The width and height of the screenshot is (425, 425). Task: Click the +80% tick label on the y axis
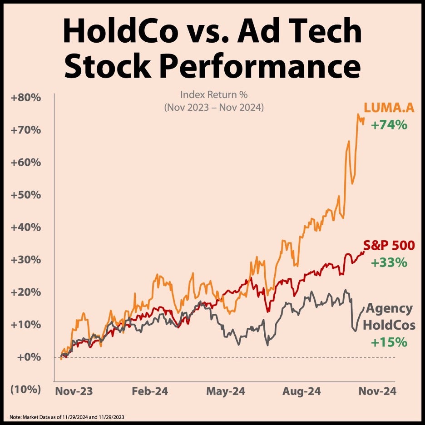[x=29, y=98]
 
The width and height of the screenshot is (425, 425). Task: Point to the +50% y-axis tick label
[x=29, y=195]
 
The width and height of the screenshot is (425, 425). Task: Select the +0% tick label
[x=31, y=357]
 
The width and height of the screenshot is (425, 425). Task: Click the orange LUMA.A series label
[x=388, y=108]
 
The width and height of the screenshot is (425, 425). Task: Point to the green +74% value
[x=389, y=124]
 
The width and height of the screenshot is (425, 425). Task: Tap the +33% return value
[x=389, y=262]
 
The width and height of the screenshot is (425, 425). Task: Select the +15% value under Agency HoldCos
[x=389, y=342]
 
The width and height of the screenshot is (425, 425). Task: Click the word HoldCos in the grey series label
[x=389, y=326]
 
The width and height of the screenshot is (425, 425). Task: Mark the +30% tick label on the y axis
[x=29, y=260]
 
